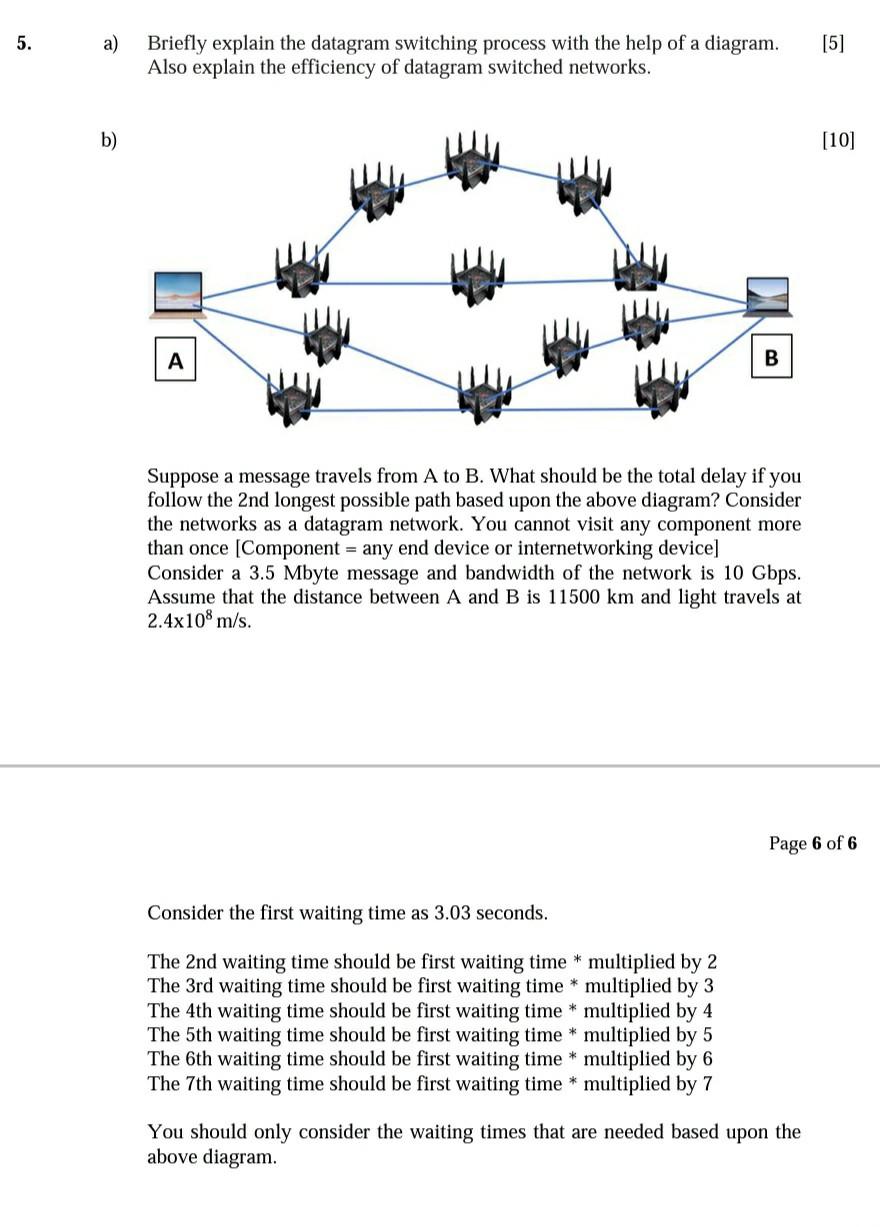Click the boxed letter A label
click(x=176, y=360)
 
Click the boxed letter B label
click(x=771, y=357)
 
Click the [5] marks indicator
click(x=832, y=44)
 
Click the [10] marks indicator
click(x=838, y=141)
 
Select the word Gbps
click(x=775, y=573)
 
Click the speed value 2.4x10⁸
click(x=186, y=621)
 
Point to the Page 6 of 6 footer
click(x=813, y=843)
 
